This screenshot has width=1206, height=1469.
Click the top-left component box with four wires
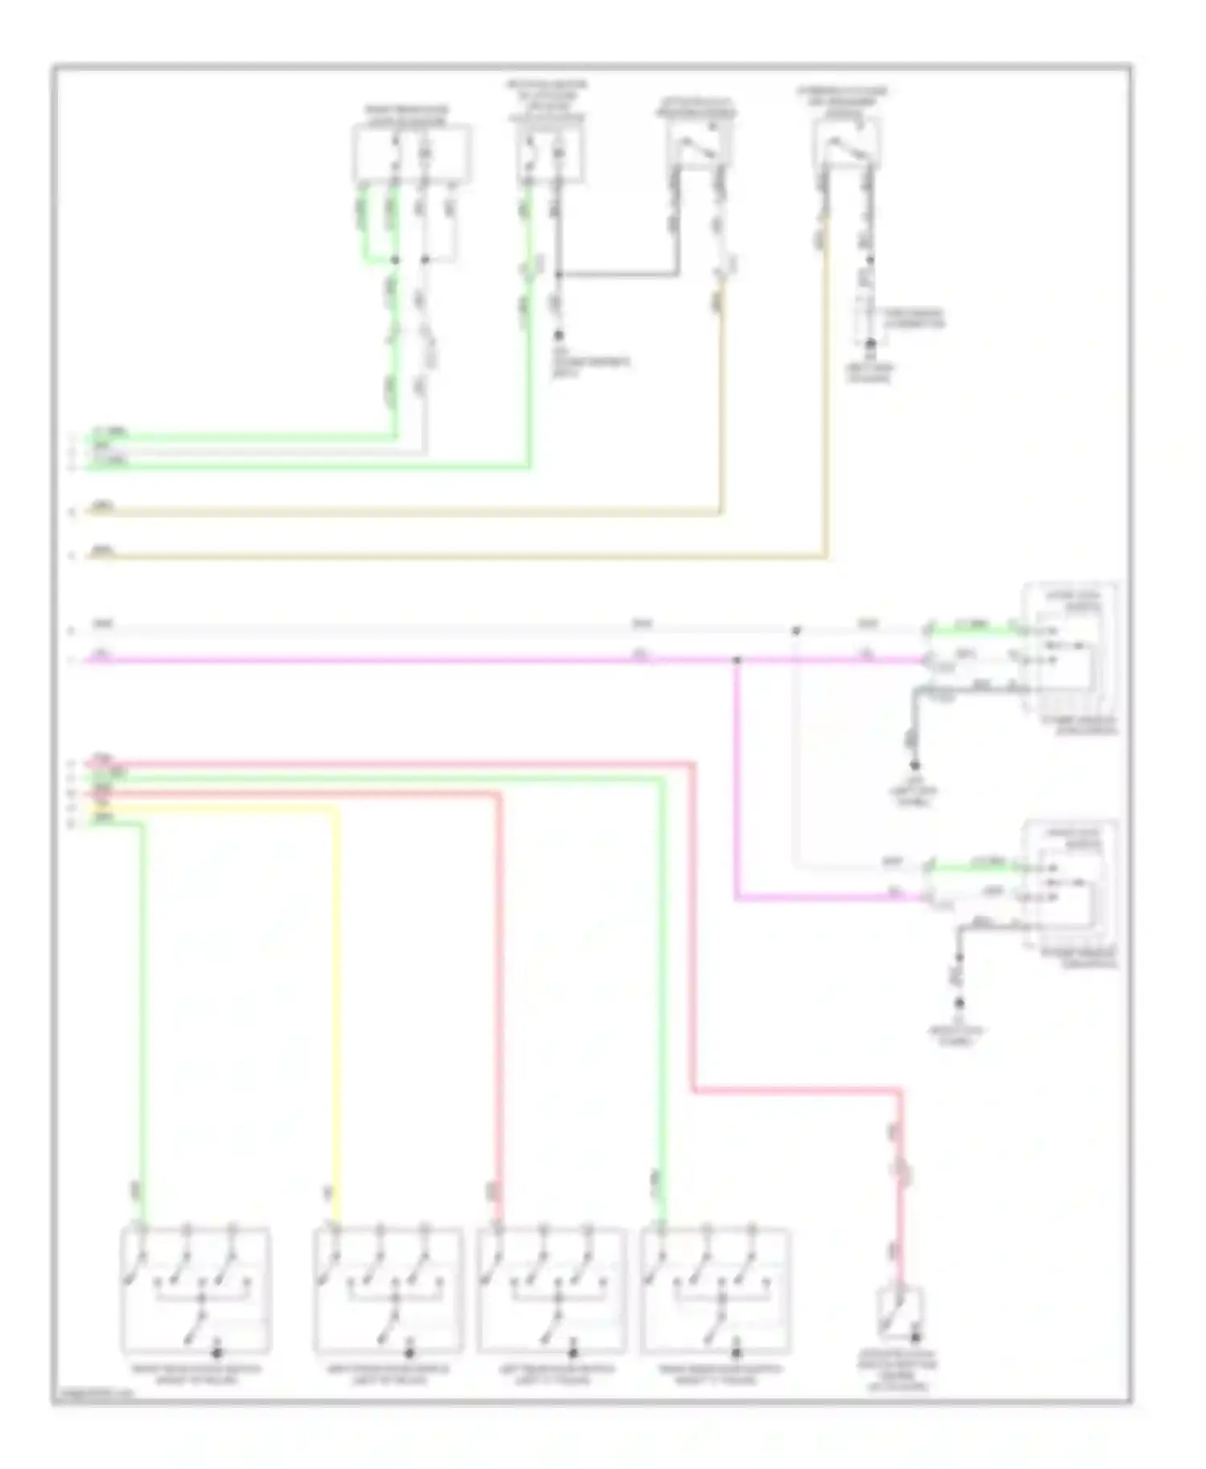point(412,153)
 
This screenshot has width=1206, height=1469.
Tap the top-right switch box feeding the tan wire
point(847,143)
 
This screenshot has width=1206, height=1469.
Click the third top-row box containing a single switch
point(699,145)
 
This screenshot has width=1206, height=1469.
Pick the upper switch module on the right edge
point(1069,649)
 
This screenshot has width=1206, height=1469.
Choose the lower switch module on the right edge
point(1069,886)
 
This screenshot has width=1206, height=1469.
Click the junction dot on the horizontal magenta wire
point(737,661)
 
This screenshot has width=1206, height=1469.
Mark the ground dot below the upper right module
point(914,766)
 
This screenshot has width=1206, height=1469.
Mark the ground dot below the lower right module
point(959,1003)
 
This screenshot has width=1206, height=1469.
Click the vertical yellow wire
point(334,1005)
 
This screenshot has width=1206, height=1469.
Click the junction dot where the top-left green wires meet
point(395,260)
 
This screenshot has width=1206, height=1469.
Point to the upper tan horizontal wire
point(402,512)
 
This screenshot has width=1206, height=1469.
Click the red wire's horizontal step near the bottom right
point(796,1090)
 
